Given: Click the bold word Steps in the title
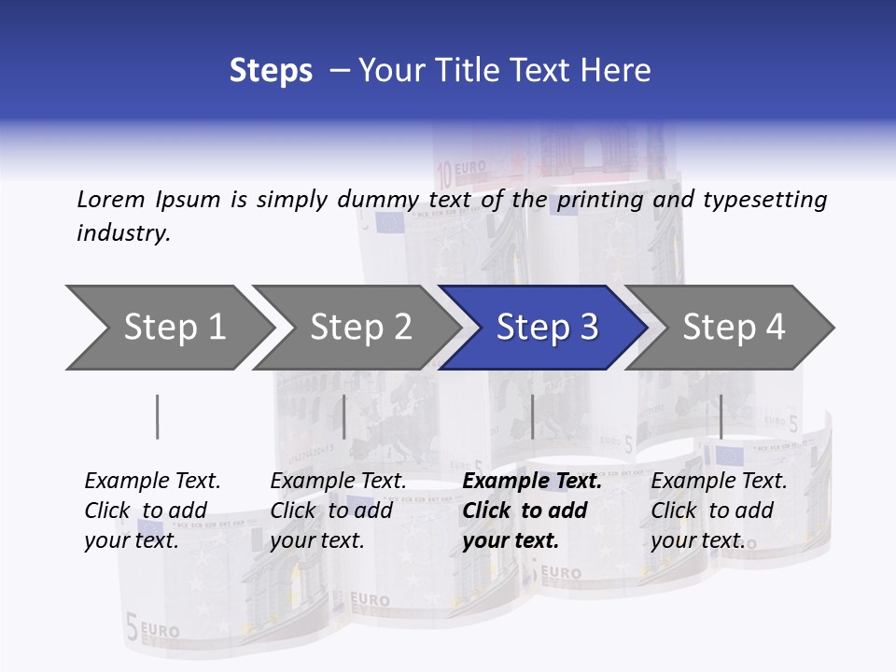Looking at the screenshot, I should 271,71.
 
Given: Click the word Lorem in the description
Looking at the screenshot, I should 110,199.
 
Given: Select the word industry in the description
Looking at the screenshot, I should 123,232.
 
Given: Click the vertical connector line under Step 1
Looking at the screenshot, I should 157,416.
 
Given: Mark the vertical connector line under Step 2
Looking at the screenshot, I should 344,416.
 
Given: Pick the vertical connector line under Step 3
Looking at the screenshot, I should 532,416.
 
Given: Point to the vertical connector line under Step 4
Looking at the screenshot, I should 721,416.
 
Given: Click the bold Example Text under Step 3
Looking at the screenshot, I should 532,482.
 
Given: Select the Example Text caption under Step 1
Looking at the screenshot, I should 152,482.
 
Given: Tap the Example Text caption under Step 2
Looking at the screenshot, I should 338,482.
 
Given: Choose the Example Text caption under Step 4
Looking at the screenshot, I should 719,482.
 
